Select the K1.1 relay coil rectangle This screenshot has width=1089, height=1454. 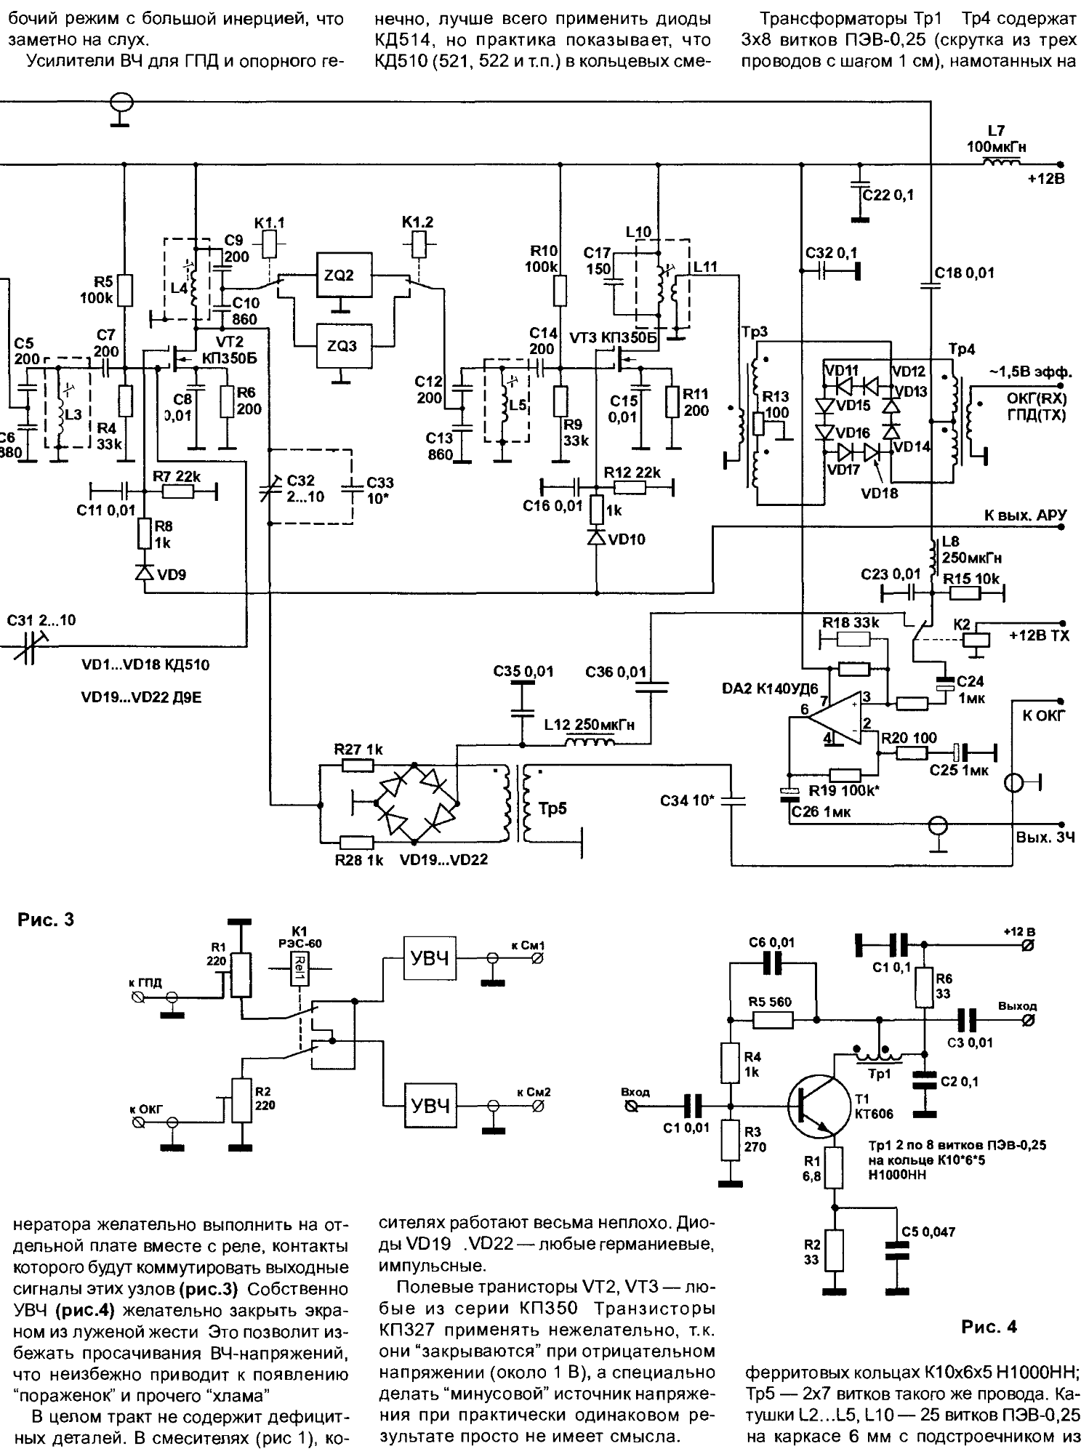(269, 244)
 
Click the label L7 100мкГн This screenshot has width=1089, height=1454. (996, 140)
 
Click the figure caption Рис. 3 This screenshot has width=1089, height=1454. (45, 920)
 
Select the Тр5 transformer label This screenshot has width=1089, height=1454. (552, 808)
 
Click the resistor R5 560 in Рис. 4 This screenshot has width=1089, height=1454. (773, 1019)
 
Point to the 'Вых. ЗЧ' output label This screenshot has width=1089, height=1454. (1040, 838)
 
